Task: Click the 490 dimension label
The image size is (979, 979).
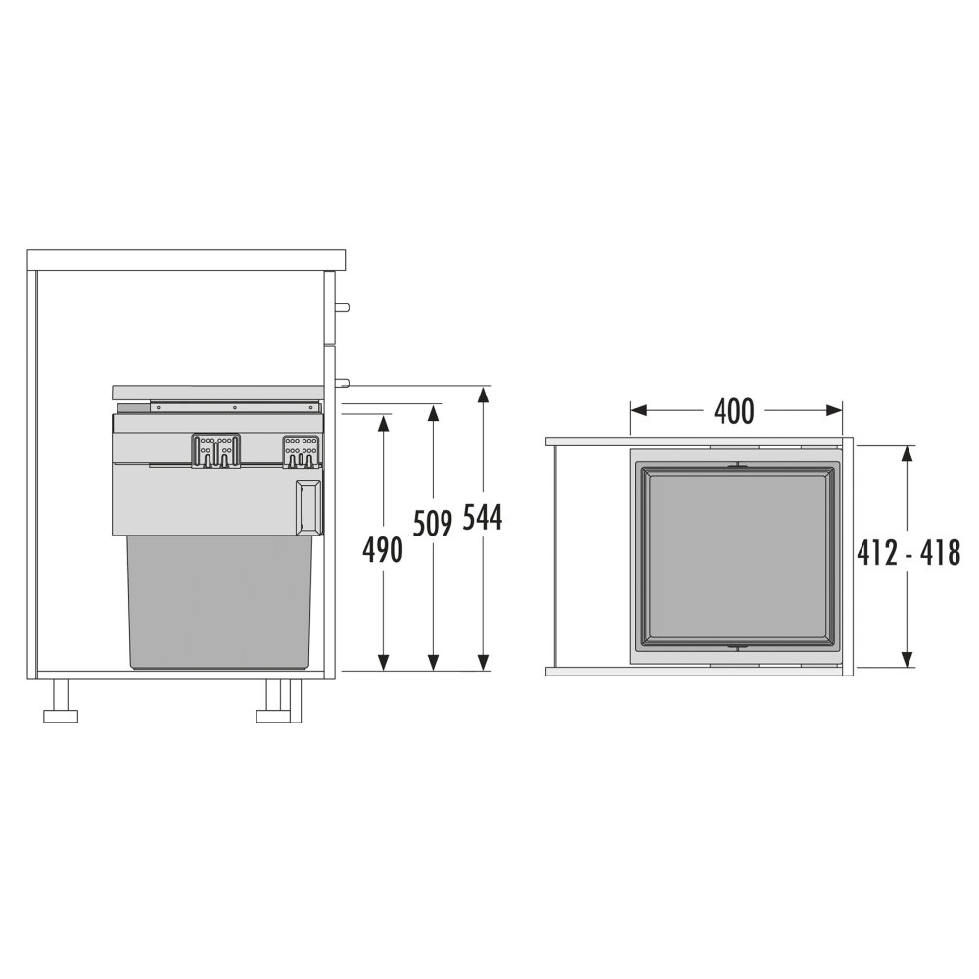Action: (383, 550)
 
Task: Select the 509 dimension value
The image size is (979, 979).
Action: (432, 523)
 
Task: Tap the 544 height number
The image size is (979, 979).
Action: (482, 518)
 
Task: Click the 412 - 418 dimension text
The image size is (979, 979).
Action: (909, 553)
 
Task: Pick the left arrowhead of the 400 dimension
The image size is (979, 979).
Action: (639, 410)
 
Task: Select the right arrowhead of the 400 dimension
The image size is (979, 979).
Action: (833, 410)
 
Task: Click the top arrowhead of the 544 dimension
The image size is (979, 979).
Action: (482, 396)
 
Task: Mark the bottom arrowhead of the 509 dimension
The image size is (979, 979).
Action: (433, 662)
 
